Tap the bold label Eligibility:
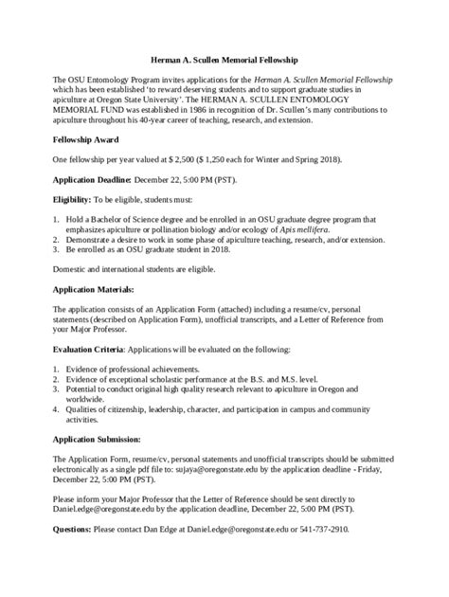tap(72, 200)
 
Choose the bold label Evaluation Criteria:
tap(91, 348)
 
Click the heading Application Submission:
tap(97, 440)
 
